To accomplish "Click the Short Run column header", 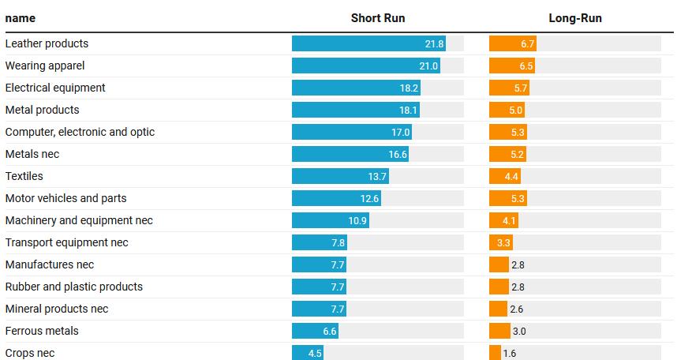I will pyautogui.click(x=377, y=18).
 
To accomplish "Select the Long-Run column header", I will pyautogui.click(x=574, y=18).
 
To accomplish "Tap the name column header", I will pyautogui.click(x=21, y=18).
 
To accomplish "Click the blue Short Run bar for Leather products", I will pyautogui.click(x=368, y=44).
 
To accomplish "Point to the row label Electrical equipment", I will pyautogui.click(x=55, y=88).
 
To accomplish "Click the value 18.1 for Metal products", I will pyautogui.click(x=409, y=111).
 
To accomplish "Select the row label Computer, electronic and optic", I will pyautogui.click(x=80, y=132).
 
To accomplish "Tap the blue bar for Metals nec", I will pyautogui.click(x=350, y=155).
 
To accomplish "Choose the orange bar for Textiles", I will pyautogui.click(x=504, y=177).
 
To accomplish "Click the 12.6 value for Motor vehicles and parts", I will pyautogui.click(x=370, y=199).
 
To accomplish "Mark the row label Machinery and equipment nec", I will pyautogui.click(x=79, y=220).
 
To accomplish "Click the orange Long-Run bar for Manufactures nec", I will pyautogui.click(x=499, y=265).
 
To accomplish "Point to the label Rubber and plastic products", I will pyautogui.click(x=74, y=287).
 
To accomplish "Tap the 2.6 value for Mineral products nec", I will pyautogui.click(x=516, y=309).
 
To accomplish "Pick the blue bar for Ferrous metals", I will pyautogui.click(x=315, y=332).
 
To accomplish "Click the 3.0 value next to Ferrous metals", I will pyautogui.click(x=518, y=332).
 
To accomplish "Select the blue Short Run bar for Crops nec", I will pyautogui.click(x=308, y=353).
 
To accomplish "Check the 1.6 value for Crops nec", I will pyautogui.click(x=510, y=354).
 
